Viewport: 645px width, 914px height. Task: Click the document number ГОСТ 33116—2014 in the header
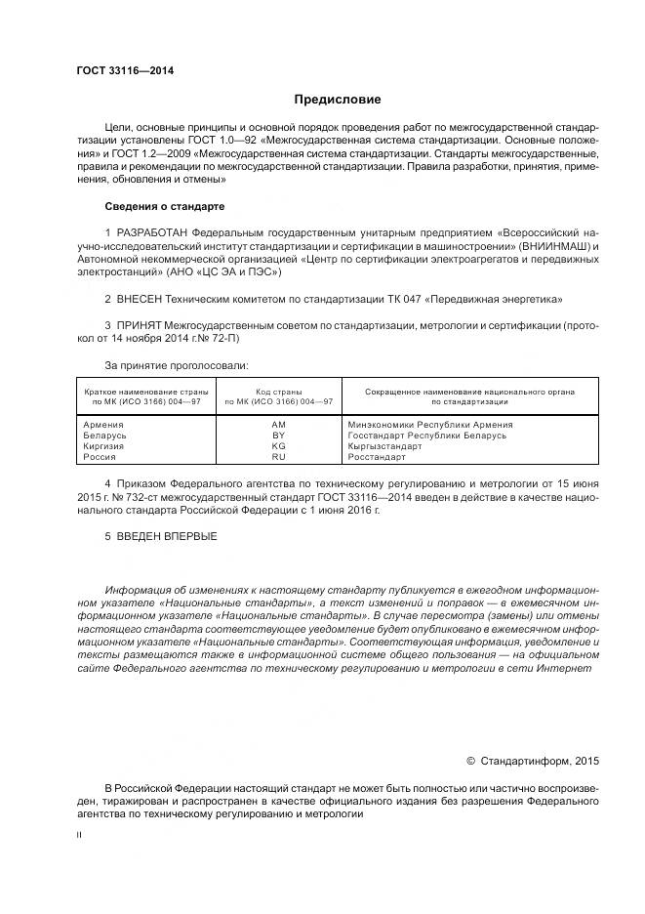(x=117, y=72)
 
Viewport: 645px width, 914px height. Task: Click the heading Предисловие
(x=338, y=100)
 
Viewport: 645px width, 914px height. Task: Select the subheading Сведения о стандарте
(x=164, y=207)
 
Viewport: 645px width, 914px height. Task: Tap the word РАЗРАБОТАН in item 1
(x=152, y=233)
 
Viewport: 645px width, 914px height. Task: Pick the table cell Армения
(x=103, y=425)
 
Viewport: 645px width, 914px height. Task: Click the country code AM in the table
(x=278, y=425)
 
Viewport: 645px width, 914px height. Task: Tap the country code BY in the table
(x=278, y=436)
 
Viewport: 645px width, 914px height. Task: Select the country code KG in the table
(x=278, y=446)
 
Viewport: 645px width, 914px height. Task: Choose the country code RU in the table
(x=278, y=457)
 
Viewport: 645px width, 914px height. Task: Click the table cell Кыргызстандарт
(x=385, y=446)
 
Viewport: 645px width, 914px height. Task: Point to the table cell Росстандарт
(x=377, y=457)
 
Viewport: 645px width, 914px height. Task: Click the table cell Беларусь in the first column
(x=106, y=436)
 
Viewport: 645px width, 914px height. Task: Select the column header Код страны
(x=279, y=392)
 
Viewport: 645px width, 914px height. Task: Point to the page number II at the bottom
(x=79, y=835)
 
